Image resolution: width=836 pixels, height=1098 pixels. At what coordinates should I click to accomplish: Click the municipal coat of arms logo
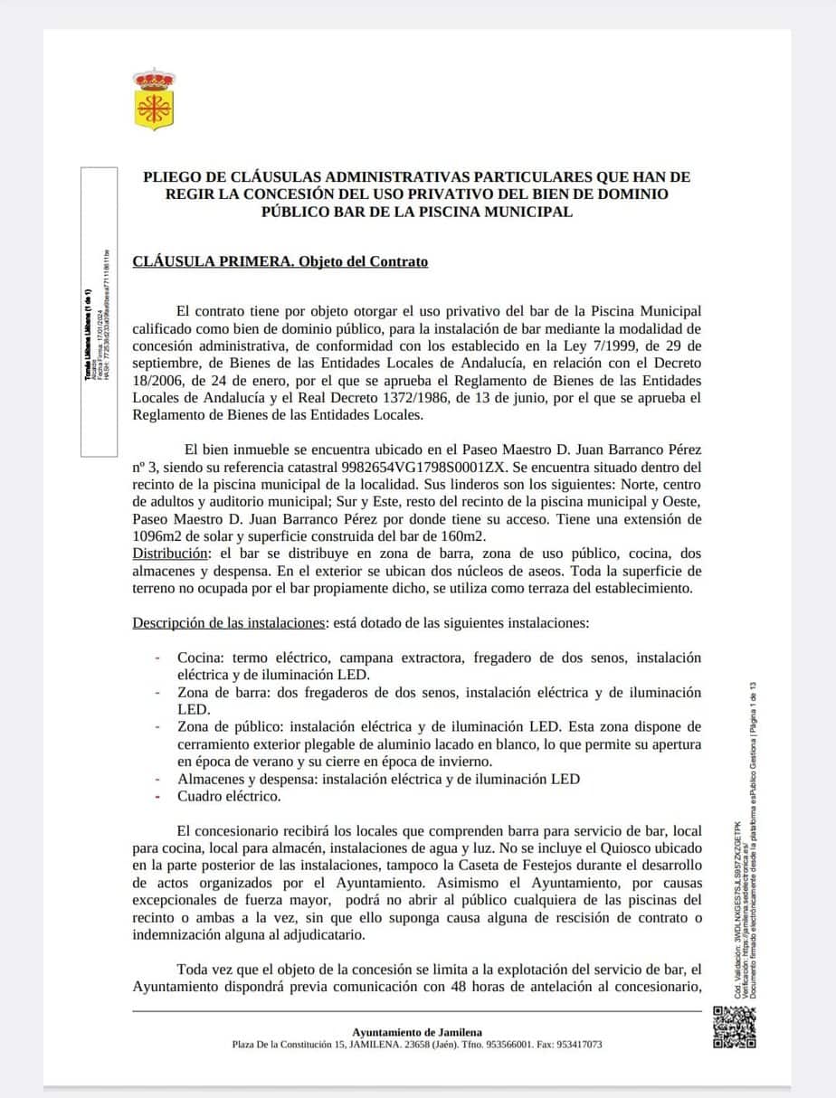(x=154, y=99)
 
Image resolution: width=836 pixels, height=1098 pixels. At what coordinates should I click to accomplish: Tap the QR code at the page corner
(x=734, y=1027)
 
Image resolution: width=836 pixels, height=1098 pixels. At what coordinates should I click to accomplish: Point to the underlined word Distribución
(x=171, y=553)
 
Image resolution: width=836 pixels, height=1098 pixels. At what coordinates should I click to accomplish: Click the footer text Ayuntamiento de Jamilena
(x=417, y=1032)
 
